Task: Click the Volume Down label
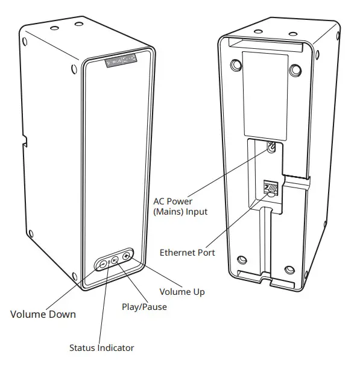pyautogui.click(x=43, y=314)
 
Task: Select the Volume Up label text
pyautogui.click(x=182, y=292)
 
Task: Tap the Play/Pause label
pyautogui.click(x=144, y=306)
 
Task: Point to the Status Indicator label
pyautogui.click(x=101, y=347)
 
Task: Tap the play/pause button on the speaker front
pyautogui.click(x=115, y=260)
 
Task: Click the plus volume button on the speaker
pyautogui.click(x=126, y=256)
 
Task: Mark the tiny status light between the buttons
pyautogui.click(x=109, y=263)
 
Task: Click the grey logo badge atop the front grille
pyautogui.click(x=121, y=60)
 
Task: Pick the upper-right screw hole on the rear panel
pyautogui.click(x=294, y=71)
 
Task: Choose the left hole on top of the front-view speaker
pyautogui.click(x=54, y=28)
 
